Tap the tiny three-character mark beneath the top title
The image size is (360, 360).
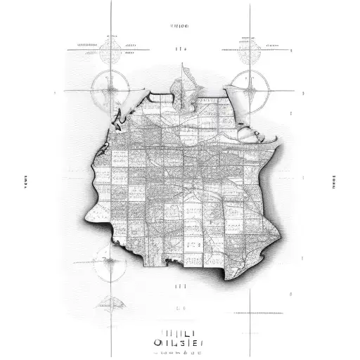181,49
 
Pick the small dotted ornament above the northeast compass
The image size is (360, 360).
249,49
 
